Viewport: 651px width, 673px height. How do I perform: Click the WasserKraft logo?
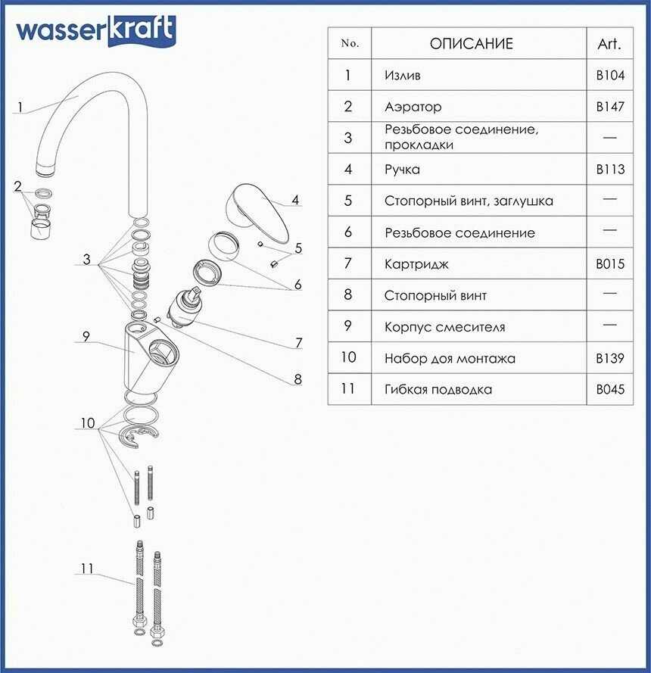click(95, 31)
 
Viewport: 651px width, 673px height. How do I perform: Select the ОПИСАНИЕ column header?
click(471, 44)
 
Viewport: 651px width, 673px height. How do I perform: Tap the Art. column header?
click(609, 44)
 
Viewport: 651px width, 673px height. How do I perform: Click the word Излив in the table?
click(402, 76)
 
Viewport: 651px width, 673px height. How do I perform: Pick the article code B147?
click(610, 107)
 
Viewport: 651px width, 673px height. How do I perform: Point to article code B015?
click(610, 264)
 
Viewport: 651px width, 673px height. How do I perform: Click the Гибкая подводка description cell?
click(438, 390)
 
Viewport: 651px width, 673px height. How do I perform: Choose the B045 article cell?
click(610, 390)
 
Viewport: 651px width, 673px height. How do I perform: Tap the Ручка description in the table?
click(402, 170)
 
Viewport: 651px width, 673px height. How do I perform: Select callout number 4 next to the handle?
click(295, 201)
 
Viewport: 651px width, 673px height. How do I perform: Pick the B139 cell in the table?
click(610, 358)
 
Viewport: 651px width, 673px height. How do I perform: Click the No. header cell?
click(349, 44)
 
